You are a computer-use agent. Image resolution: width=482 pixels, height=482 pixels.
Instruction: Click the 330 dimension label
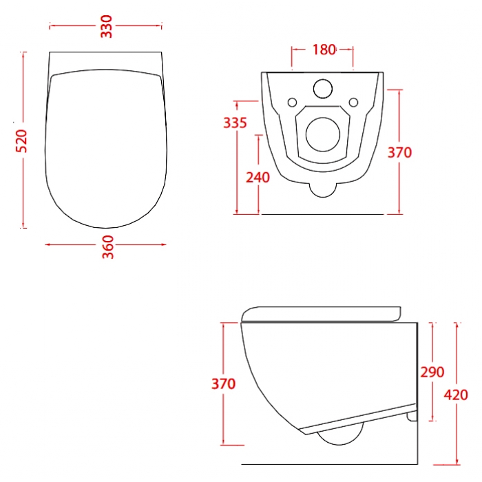[x=107, y=26]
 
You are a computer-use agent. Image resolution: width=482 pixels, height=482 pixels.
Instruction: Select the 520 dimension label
[x=21, y=141]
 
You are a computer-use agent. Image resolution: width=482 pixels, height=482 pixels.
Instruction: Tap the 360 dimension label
[x=108, y=247]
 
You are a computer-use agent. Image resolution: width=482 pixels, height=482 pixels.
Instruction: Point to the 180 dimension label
[x=324, y=50]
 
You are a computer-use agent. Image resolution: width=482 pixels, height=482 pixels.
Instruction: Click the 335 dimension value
[x=235, y=123]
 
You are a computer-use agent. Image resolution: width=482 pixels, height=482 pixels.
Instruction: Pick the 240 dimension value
[x=258, y=178]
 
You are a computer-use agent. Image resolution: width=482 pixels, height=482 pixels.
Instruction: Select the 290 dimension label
[x=432, y=372]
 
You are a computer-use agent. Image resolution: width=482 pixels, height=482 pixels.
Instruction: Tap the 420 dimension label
[x=456, y=395]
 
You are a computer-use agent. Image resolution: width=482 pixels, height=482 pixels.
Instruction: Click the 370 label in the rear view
[x=399, y=152]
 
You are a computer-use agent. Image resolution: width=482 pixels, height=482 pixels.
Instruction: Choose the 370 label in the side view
[x=224, y=384]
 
